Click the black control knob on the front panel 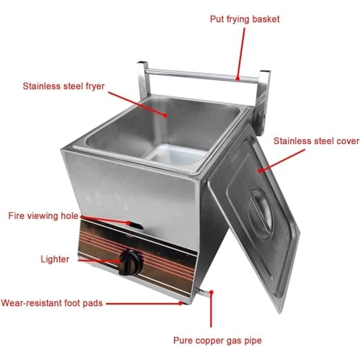tap(131, 264)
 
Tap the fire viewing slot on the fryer tap(135, 225)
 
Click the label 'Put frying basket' tap(245, 19)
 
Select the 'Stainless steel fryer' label tap(63, 86)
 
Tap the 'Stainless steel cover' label tap(316, 141)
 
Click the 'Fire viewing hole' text tap(43, 216)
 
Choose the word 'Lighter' tap(55, 259)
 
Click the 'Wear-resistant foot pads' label tap(52, 303)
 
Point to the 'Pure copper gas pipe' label tap(217, 341)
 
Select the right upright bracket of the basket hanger tap(263, 101)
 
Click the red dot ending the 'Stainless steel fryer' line tap(165, 115)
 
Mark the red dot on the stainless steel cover tap(260, 171)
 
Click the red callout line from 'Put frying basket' tap(241, 53)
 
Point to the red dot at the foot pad tap(181, 303)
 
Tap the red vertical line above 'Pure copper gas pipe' tap(211, 309)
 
